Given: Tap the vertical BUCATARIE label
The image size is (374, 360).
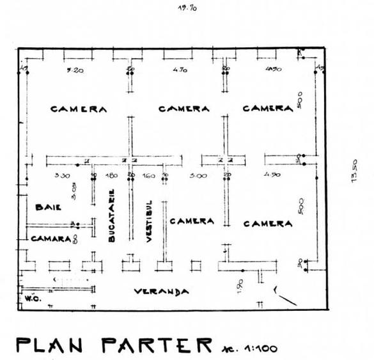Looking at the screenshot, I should click(112, 215).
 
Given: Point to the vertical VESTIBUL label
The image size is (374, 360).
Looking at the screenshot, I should click(148, 221).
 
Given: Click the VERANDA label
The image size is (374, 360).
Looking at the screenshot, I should click(161, 292).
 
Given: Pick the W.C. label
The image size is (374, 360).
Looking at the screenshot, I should click(31, 298).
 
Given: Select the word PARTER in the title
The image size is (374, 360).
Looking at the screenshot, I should click(155, 345).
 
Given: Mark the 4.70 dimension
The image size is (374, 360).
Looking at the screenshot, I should click(178, 71).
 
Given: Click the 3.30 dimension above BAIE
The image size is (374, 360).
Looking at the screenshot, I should click(62, 175).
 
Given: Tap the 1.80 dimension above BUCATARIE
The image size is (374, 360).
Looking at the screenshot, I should click(111, 175).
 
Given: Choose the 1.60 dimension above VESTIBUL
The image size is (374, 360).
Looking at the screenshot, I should click(148, 175).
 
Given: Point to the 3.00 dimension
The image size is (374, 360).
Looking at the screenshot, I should click(199, 175).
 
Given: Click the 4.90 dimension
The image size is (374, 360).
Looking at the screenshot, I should click(272, 175).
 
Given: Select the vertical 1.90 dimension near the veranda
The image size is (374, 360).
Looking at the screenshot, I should click(239, 286).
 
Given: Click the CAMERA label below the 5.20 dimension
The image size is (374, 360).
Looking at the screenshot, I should click(79, 109).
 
